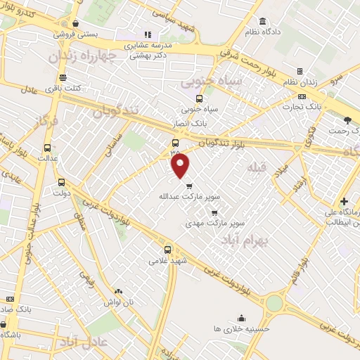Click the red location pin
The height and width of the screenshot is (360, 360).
(x=181, y=165)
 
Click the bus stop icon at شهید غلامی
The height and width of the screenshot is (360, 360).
(x=167, y=249)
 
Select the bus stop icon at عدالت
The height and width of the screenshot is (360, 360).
(x=47, y=148)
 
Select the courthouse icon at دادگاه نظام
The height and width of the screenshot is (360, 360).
(x=263, y=21)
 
